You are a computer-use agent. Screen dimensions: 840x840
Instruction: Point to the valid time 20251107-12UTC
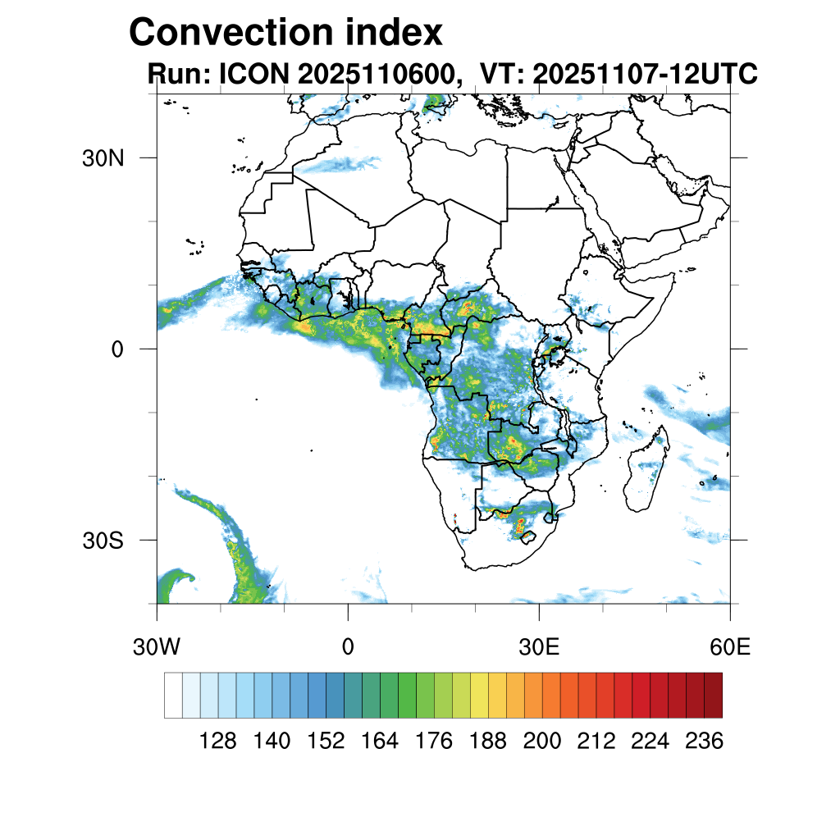click(644, 75)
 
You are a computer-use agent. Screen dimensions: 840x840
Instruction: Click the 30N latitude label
click(103, 158)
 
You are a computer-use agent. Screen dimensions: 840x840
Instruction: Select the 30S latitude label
click(103, 541)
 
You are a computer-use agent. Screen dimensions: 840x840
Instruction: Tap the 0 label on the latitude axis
click(116, 349)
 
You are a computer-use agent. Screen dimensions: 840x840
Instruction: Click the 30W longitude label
click(156, 647)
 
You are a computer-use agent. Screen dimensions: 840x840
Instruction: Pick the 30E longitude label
click(539, 647)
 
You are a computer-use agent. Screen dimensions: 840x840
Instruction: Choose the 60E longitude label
click(730, 647)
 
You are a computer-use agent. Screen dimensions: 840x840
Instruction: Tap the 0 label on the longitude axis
click(348, 647)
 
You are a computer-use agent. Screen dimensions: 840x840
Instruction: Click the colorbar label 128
click(217, 742)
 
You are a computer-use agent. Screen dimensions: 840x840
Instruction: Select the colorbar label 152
click(326, 742)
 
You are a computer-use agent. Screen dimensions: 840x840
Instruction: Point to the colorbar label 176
click(434, 742)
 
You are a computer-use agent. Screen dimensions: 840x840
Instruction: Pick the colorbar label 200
click(542, 742)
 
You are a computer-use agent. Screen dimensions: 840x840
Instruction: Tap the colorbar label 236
click(704, 742)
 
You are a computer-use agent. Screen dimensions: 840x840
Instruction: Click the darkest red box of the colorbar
click(713, 695)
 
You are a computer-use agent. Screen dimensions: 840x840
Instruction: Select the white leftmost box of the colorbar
click(173, 695)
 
